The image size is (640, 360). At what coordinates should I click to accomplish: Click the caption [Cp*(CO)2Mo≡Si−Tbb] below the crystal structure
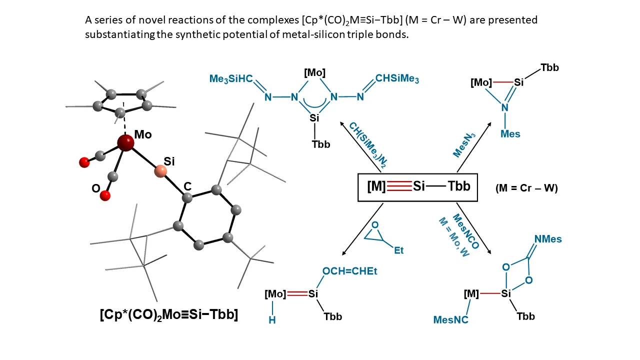(168, 315)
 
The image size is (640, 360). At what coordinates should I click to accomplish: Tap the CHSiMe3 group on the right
(397, 78)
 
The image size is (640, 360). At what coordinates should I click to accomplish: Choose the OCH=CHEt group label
(349, 271)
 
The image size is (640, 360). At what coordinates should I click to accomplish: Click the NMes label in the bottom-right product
(548, 239)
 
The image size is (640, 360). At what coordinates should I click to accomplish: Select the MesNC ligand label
(451, 319)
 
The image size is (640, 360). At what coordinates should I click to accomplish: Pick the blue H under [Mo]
(272, 320)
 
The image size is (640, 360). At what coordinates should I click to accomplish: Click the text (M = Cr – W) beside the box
(526, 188)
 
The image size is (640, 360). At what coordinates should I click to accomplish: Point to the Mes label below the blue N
(510, 133)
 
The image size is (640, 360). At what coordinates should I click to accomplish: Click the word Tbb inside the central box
(458, 186)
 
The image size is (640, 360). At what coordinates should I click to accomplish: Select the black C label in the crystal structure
(187, 186)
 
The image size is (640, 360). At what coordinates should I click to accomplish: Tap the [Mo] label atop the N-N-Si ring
(314, 73)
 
